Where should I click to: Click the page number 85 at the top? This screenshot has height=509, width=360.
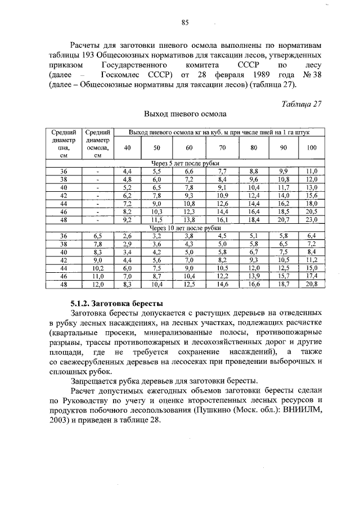[184, 22]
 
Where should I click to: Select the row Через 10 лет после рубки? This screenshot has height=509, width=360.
[184, 228]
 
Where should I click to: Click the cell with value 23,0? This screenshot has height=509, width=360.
[311, 220]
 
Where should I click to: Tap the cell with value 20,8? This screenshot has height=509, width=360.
[311, 285]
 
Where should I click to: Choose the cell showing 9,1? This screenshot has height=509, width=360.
[222, 187]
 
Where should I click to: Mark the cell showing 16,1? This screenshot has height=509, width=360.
[222, 220]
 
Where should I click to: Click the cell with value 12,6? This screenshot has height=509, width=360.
[222, 204]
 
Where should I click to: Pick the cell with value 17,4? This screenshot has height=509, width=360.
[311, 277]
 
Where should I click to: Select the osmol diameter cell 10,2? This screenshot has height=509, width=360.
[98, 269]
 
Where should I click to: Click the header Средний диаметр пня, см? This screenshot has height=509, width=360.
[63, 143]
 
